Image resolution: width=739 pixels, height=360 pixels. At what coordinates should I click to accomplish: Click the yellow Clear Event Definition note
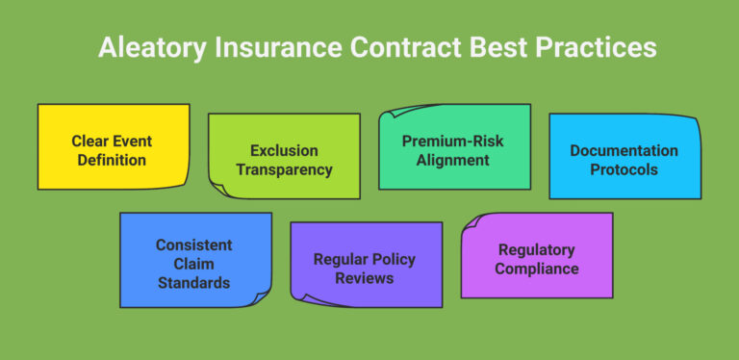(x=113, y=147)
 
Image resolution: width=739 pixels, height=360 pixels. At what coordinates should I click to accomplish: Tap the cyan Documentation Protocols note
(x=624, y=157)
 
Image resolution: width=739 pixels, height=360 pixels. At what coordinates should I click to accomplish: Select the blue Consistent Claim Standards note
(x=194, y=261)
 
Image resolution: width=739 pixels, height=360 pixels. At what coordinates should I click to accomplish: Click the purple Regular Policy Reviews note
(x=366, y=266)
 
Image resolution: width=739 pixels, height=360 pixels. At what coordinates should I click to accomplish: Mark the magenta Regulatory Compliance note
(x=537, y=256)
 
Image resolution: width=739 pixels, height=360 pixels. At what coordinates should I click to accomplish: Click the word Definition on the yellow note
(x=113, y=158)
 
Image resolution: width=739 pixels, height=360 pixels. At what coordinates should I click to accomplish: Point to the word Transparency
(x=285, y=169)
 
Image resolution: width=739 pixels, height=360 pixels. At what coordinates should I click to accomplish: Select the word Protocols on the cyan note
(x=624, y=168)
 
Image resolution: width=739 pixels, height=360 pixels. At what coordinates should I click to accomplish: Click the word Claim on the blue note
(x=194, y=264)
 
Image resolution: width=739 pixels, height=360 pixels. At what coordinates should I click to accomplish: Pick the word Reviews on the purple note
(x=366, y=278)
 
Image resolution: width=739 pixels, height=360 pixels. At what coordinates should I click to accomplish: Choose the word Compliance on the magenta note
(x=537, y=269)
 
